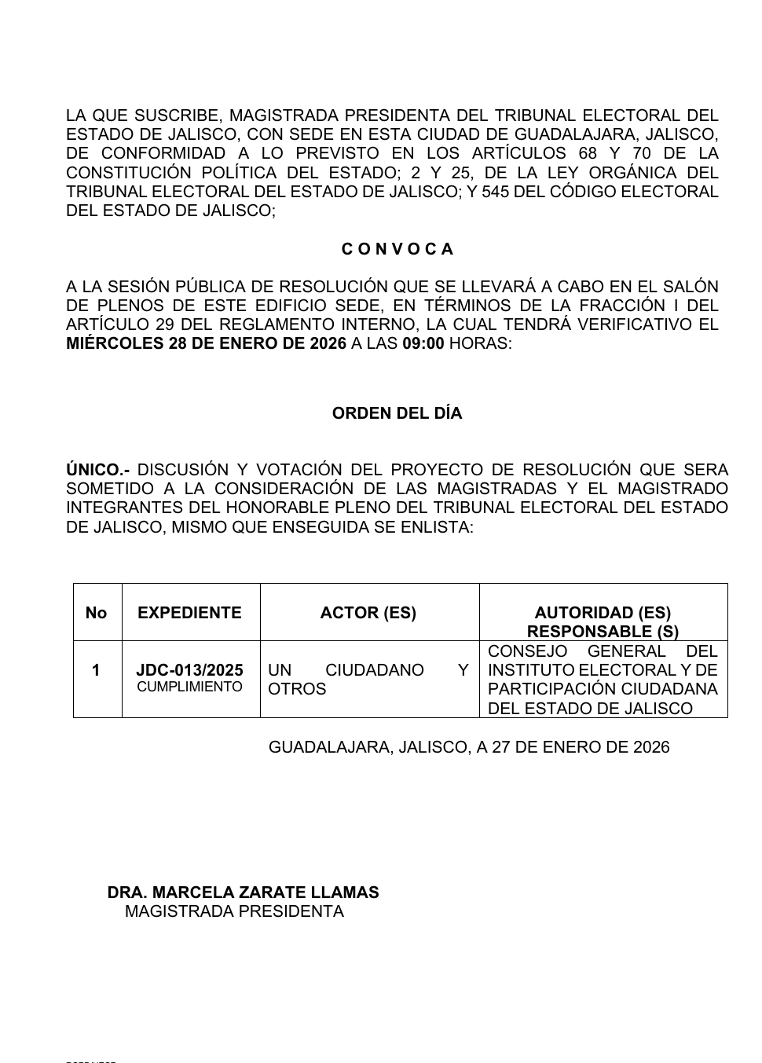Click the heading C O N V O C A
(397, 249)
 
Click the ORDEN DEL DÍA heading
(397, 413)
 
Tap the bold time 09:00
(423, 344)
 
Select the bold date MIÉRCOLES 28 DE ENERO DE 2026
(206, 344)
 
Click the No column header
(96, 613)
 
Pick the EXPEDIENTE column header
(189, 613)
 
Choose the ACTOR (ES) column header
(368, 613)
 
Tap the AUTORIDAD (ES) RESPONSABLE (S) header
(603, 621)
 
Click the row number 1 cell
(96, 670)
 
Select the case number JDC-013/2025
(189, 670)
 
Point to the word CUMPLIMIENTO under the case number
(189, 687)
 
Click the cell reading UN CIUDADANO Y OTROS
(368, 680)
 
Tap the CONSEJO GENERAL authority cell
(603, 680)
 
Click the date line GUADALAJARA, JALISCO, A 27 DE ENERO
(469, 747)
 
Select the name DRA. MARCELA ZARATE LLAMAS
(243, 893)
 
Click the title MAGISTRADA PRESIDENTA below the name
(234, 911)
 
